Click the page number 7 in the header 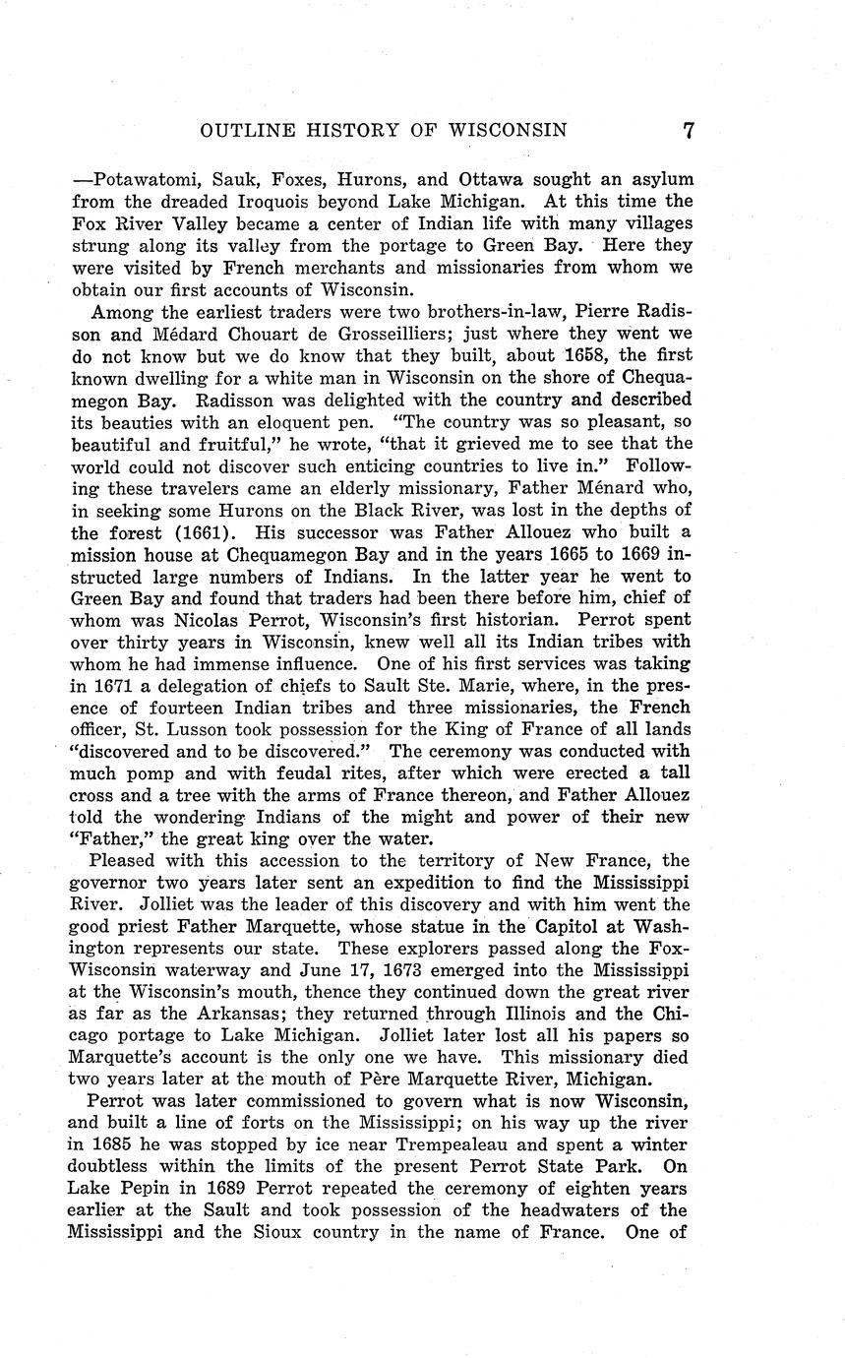coord(689,130)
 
